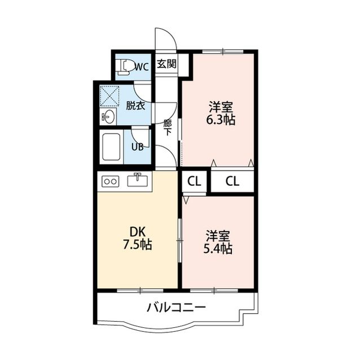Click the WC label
pyautogui.click(x=142, y=67)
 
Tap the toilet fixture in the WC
pyautogui.click(x=124, y=67)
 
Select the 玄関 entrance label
pyautogui.click(x=167, y=64)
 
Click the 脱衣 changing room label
pyautogui.click(x=135, y=105)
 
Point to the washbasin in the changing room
pyautogui.click(x=108, y=116)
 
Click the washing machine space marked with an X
pyautogui.click(x=109, y=96)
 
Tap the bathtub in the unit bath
pyautogui.click(x=112, y=146)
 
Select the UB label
pyautogui.click(x=138, y=146)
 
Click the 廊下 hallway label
pyautogui.click(x=168, y=128)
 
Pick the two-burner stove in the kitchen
pyautogui.click(x=111, y=181)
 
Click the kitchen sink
pyautogui.click(x=138, y=180)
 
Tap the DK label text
pyautogui.click(x=138, y=232)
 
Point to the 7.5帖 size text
pyautogui.click(x=138, y=245)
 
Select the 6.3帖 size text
pyautogui.click(x=221, y=119)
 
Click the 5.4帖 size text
pyautogui.click(x=218, y=248)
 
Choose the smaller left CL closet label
pyautogui.click(x=194, y=181)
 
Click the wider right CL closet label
pyautogui.click(x=232, y=181)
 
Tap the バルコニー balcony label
pyautogui.click(x=176, y=307)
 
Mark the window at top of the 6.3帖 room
pyautogui.click(x=223, y=51)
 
